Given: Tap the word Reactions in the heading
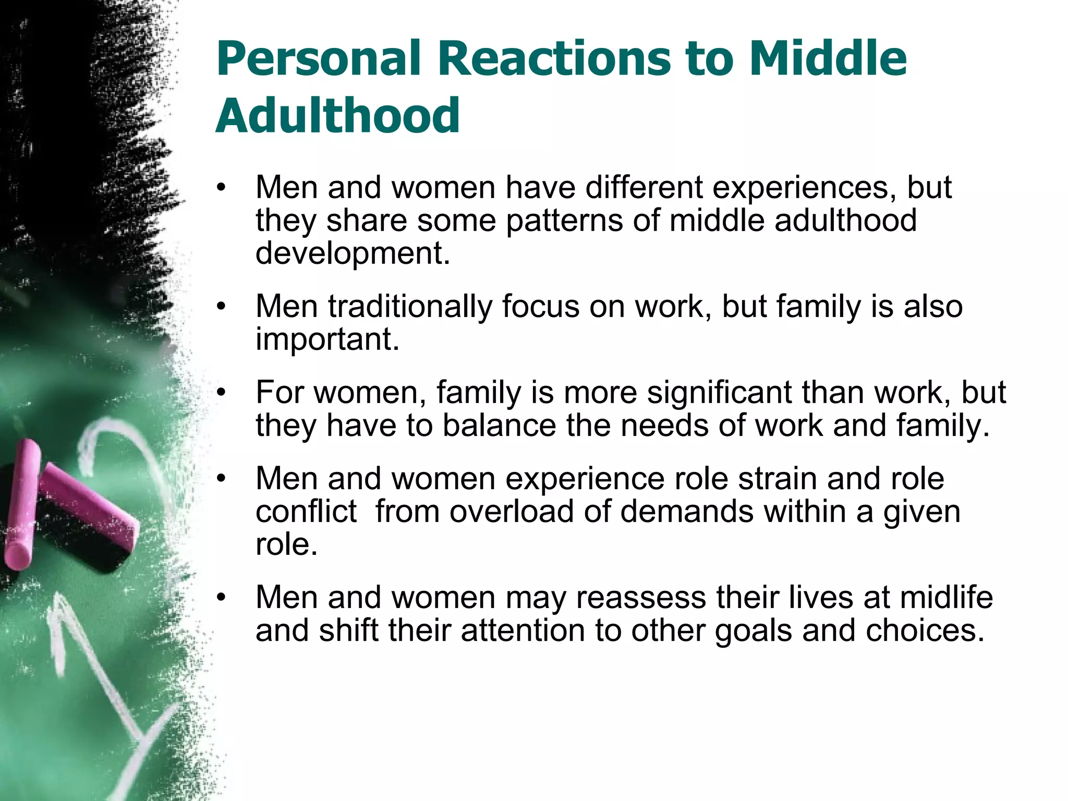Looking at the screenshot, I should [554, 58].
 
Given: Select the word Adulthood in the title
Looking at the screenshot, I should [337, 116].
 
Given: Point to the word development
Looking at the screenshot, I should [353, 253].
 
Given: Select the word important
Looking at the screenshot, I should [327, 339].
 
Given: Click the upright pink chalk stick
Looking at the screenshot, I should [22, 503].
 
